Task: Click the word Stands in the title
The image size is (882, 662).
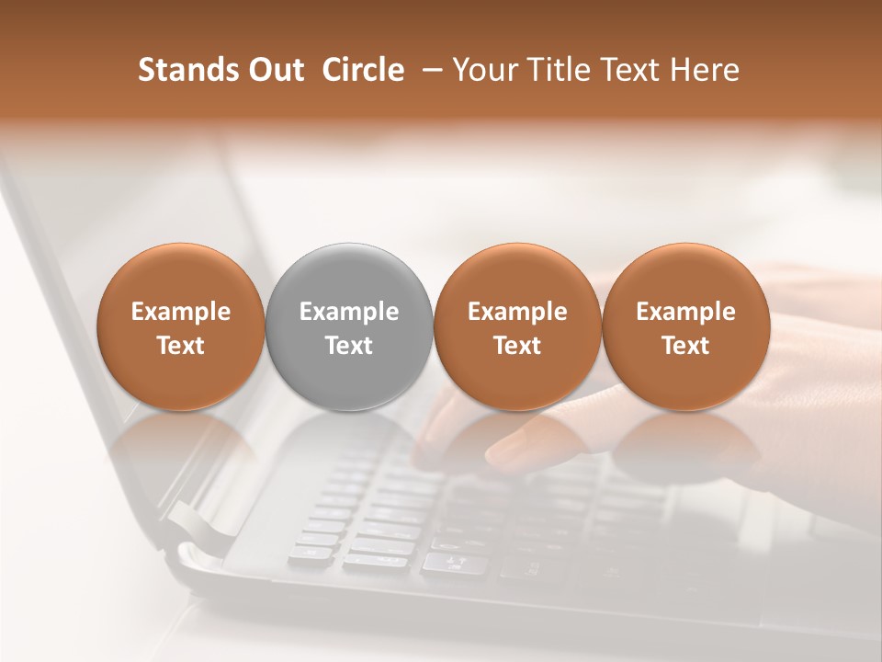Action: [181, 70]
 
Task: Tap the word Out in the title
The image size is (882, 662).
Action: [273, 70]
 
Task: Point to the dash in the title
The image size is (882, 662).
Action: [427, 70]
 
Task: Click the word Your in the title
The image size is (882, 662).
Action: [481, 70]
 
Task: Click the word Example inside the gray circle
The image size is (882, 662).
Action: [349, 312]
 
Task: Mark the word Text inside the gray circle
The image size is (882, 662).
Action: [349, 346]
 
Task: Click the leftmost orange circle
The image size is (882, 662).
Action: [181, 276]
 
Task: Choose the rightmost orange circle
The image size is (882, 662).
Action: [686, 276]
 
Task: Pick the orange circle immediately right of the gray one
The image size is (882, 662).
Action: [517, 276]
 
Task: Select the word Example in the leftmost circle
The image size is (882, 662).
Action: [181, 312]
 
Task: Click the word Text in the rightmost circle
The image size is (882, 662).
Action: [686, 346]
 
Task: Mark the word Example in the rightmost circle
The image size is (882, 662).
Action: [686, 312]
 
